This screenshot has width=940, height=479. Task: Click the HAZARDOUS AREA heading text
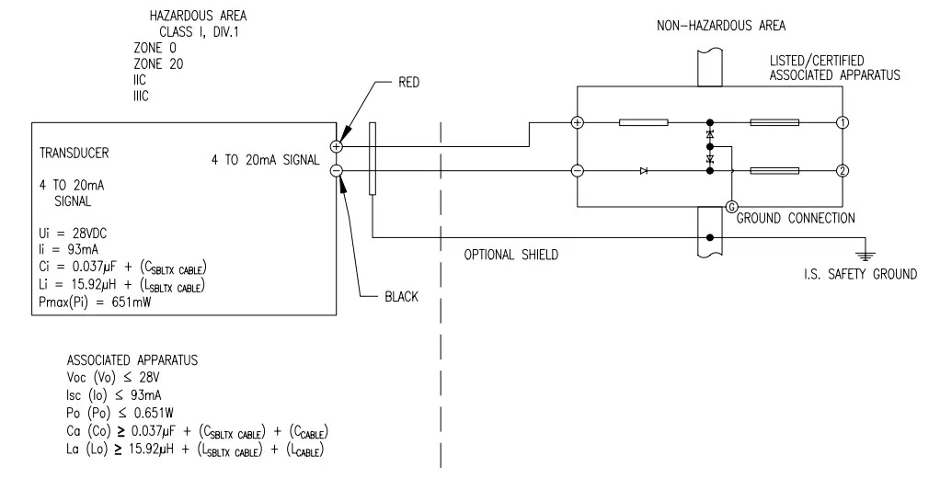pyautogui.click(x=197, y=17)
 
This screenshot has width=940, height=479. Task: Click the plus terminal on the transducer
pyautogui.click(x=337, y=145)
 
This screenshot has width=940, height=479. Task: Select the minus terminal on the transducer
pyautogui.click(x=337, y=170)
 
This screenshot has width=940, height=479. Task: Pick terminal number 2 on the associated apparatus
pyautogui.click(x=842, y=170)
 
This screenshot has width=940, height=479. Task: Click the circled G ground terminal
pyautogui.click(x=732, y=207)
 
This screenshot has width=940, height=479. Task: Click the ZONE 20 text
pyautogui.click(x=159, y=64)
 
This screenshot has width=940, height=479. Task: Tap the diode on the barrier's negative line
pyautogui.click(x=643, y=170)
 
